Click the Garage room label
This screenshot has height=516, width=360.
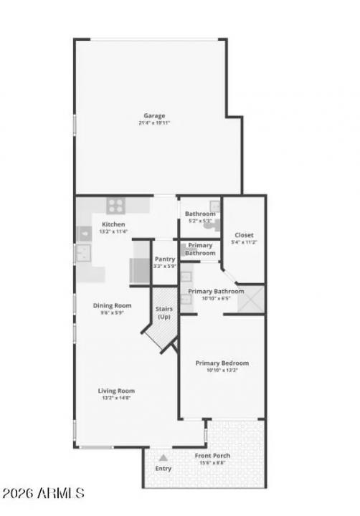(154, 115)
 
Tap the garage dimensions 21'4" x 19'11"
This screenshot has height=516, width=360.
(154, 123)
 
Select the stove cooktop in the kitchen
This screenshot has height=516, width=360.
(117, 206)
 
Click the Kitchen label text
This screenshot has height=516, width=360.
(113, 224)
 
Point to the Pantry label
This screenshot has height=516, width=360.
(165, 259)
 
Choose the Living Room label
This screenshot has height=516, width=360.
(116, 391)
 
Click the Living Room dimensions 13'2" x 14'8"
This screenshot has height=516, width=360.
(116, 398)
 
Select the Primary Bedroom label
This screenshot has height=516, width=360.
(222, 363)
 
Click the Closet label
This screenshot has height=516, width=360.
(244, 235)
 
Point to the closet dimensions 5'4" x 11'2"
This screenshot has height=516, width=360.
(244, 242)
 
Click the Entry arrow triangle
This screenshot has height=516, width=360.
(164, 457)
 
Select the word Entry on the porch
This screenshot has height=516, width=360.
(164, 468)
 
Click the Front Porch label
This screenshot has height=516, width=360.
(212, 456)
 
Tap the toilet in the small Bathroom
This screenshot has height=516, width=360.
(214, 221)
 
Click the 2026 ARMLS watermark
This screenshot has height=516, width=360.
(43, 494)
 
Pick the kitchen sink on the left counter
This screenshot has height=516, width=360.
(83, 252)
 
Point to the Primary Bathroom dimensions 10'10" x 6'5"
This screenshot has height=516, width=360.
(216, 298)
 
